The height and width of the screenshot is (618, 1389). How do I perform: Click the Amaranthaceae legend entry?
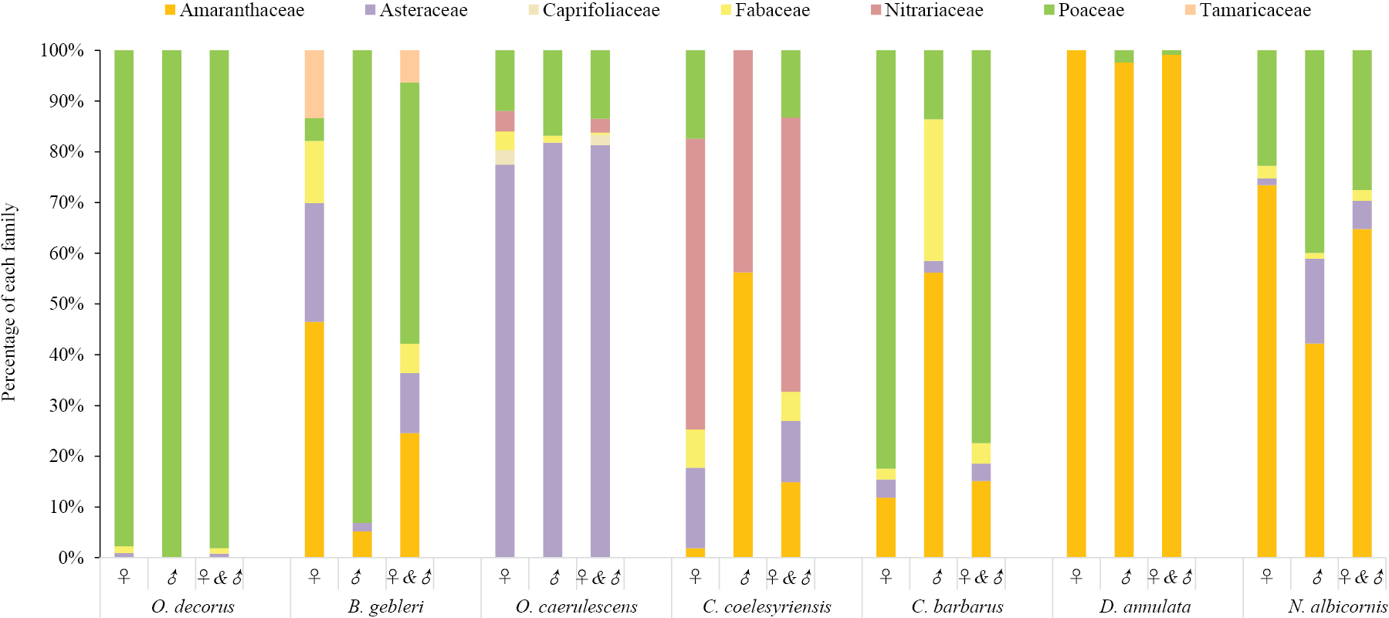coord(235,11)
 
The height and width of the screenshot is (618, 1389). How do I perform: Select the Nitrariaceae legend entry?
coord(927,11)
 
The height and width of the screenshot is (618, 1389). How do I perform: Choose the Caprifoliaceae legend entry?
coord(595,11)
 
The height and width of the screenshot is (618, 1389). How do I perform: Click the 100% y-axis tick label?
coord(62,50)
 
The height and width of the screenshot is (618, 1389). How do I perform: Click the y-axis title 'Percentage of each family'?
coord(9,302)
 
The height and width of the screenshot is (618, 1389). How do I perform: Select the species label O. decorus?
coord(192,606)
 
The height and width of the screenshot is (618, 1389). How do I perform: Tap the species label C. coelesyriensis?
coord(767,606)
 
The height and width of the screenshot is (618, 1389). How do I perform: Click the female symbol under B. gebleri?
coord(314,577)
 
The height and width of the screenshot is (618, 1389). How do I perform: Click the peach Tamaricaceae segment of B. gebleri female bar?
coord(314,84)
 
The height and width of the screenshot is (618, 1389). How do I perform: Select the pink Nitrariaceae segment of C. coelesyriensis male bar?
coord(743,161)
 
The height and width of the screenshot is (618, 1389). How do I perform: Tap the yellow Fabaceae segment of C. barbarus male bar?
coord(933,190)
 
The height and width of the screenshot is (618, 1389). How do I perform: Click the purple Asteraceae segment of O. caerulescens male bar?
coord(553,350)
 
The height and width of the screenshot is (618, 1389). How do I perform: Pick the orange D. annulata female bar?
coord(1076,304)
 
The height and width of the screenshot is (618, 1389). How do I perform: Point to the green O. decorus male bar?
coord(171,304)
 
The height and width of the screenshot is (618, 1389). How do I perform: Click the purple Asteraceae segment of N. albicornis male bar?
coord(1315,301)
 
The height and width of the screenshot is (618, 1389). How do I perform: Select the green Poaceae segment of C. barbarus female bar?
coord(886,260)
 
